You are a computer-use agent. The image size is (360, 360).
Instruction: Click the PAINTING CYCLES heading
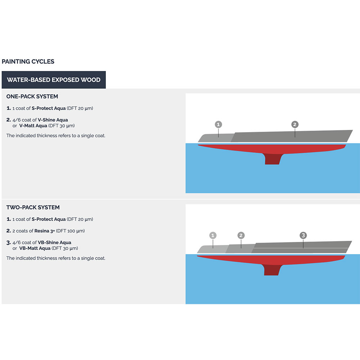tap(28, 62)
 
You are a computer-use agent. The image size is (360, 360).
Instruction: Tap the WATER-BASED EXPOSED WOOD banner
tap(54, 80)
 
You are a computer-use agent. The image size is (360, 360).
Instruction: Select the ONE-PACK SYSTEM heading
tap(32, 96)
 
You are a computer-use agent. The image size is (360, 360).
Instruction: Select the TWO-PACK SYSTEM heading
tap(33, 207)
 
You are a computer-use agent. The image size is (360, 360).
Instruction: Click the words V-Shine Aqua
tap(53, 120)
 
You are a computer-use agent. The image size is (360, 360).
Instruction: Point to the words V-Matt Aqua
tap(33, 126)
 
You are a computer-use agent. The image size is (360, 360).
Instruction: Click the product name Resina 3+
tap(45, 231)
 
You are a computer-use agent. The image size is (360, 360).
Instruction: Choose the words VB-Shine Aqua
tap(54, 242)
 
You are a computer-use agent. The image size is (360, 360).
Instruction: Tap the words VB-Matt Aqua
tap(35, 248)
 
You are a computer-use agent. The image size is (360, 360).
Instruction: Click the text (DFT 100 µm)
tap(70, 231)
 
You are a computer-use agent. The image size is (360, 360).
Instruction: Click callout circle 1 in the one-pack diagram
tap(219, 125)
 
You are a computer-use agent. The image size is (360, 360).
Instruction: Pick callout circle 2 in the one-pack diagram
tap(295, 125)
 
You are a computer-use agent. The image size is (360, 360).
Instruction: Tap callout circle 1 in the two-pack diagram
tap(213, 235)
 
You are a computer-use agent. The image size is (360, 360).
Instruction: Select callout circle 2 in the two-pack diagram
tap(241, 235)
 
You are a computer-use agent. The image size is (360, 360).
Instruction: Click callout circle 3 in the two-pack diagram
tap(303, 235)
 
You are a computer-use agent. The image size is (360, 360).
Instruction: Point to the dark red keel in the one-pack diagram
tap(273, 159)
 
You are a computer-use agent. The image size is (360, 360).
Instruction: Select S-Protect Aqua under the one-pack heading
tap(49, 108)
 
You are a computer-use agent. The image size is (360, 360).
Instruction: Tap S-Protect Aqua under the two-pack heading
tap(49, 219)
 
